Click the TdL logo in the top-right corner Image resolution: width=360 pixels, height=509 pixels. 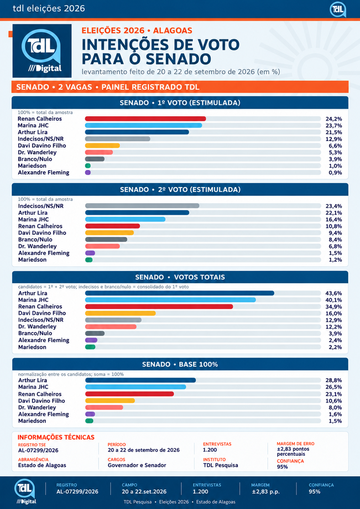(337, 9)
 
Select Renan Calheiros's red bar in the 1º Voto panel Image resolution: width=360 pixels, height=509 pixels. (146, 119)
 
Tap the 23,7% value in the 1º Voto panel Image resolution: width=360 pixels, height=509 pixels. (334, 126)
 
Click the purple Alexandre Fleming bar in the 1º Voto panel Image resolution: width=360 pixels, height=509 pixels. (88, 172)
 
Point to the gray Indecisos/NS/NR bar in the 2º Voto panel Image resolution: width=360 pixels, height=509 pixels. (142, 206)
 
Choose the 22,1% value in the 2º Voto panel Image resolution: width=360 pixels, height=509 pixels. (334, 213)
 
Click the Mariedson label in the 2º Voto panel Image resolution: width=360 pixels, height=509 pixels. (32, 260)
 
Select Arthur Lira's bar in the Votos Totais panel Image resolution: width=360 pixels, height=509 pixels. (180, 293)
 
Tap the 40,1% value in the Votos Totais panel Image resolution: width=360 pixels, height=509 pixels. (334, 300)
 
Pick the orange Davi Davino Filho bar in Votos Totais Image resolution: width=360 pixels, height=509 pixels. (121, 313)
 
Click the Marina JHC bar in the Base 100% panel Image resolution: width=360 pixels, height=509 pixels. (136, 387)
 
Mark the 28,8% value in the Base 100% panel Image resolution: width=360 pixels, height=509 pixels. (334, 380)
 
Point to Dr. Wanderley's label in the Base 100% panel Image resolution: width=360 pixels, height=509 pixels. (37, 407)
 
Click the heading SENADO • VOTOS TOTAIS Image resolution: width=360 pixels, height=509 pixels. (180, 277)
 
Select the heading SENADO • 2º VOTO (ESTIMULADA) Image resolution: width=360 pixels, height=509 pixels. (180, 189)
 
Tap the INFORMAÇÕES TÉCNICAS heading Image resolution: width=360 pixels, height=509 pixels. (56, 437)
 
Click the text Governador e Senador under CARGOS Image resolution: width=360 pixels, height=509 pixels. (137, 465)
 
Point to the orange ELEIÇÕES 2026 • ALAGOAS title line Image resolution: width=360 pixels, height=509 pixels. (137, 31)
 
